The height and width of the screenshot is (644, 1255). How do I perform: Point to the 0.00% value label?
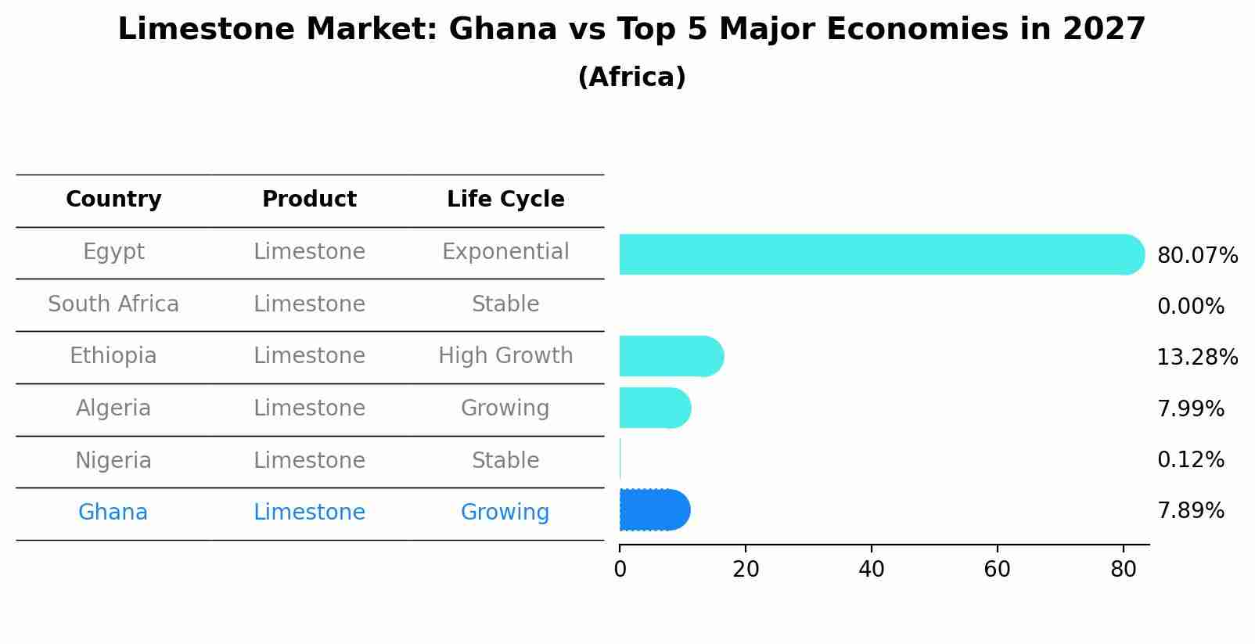[1190, 307]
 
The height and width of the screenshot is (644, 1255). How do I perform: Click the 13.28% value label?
[1196, 358]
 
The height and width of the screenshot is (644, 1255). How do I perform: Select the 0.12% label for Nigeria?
[1190, 459]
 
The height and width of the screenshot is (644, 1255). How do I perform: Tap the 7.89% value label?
[1190, 511]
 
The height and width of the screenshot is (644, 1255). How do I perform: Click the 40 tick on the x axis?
[871, 570]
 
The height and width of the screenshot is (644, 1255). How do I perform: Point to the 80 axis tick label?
[1123, 570]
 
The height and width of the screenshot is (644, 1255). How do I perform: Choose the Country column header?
[113, 200]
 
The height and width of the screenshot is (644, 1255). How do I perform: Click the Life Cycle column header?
[505, 200]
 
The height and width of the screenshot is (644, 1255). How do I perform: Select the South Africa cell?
[113, 304]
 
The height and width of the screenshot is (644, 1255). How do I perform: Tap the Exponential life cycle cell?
[505, 252]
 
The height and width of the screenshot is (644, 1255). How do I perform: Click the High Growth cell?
[505, 356]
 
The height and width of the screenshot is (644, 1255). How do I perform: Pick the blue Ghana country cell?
[113, 513]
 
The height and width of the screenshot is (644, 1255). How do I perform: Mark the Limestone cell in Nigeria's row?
[309, 460]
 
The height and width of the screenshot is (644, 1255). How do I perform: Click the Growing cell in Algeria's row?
[505, 408]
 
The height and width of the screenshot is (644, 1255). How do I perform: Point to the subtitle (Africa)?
[631, 77]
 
